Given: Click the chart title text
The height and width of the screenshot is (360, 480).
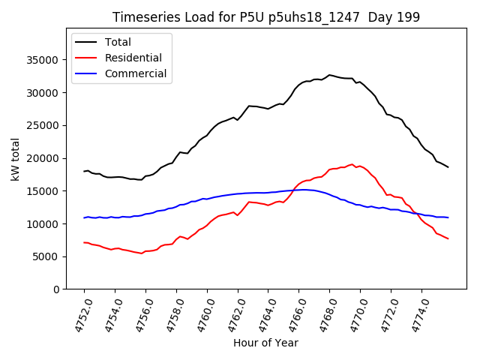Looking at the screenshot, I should coord(265,17).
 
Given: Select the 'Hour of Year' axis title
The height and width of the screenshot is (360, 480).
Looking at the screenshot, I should coord(265,343).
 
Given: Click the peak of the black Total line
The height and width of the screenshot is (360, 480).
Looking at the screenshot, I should coord(329,75).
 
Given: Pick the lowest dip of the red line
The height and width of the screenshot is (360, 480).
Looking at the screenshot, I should coord(141,253).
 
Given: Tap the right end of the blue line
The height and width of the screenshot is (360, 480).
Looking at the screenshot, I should coord(448,217).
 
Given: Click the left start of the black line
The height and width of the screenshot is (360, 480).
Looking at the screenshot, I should coord(84,171).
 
